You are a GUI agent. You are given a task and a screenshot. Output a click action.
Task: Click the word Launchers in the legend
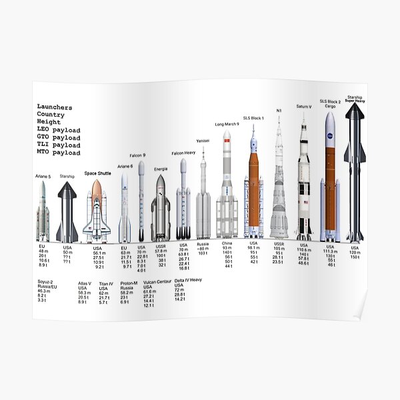pos(55,107)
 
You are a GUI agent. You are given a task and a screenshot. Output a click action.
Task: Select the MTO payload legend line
pos(58,153)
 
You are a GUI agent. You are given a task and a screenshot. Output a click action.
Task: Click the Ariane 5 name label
pos(43,176)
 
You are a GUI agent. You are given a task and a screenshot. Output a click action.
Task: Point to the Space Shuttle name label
pos(97,173)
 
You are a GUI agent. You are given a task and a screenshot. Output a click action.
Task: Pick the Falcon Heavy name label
pos(183,153)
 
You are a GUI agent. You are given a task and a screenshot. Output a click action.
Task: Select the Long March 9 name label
pos(227,124)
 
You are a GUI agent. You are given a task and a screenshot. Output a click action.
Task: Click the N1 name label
pos(279,110)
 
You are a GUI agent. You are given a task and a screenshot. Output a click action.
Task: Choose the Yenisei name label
pos(203,141)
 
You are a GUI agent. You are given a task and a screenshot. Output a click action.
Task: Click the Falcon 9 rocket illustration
pos(141,200)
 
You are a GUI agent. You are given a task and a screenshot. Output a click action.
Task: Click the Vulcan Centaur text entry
pos(158,282)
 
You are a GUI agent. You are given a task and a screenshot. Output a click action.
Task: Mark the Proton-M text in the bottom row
pos(129,283)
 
